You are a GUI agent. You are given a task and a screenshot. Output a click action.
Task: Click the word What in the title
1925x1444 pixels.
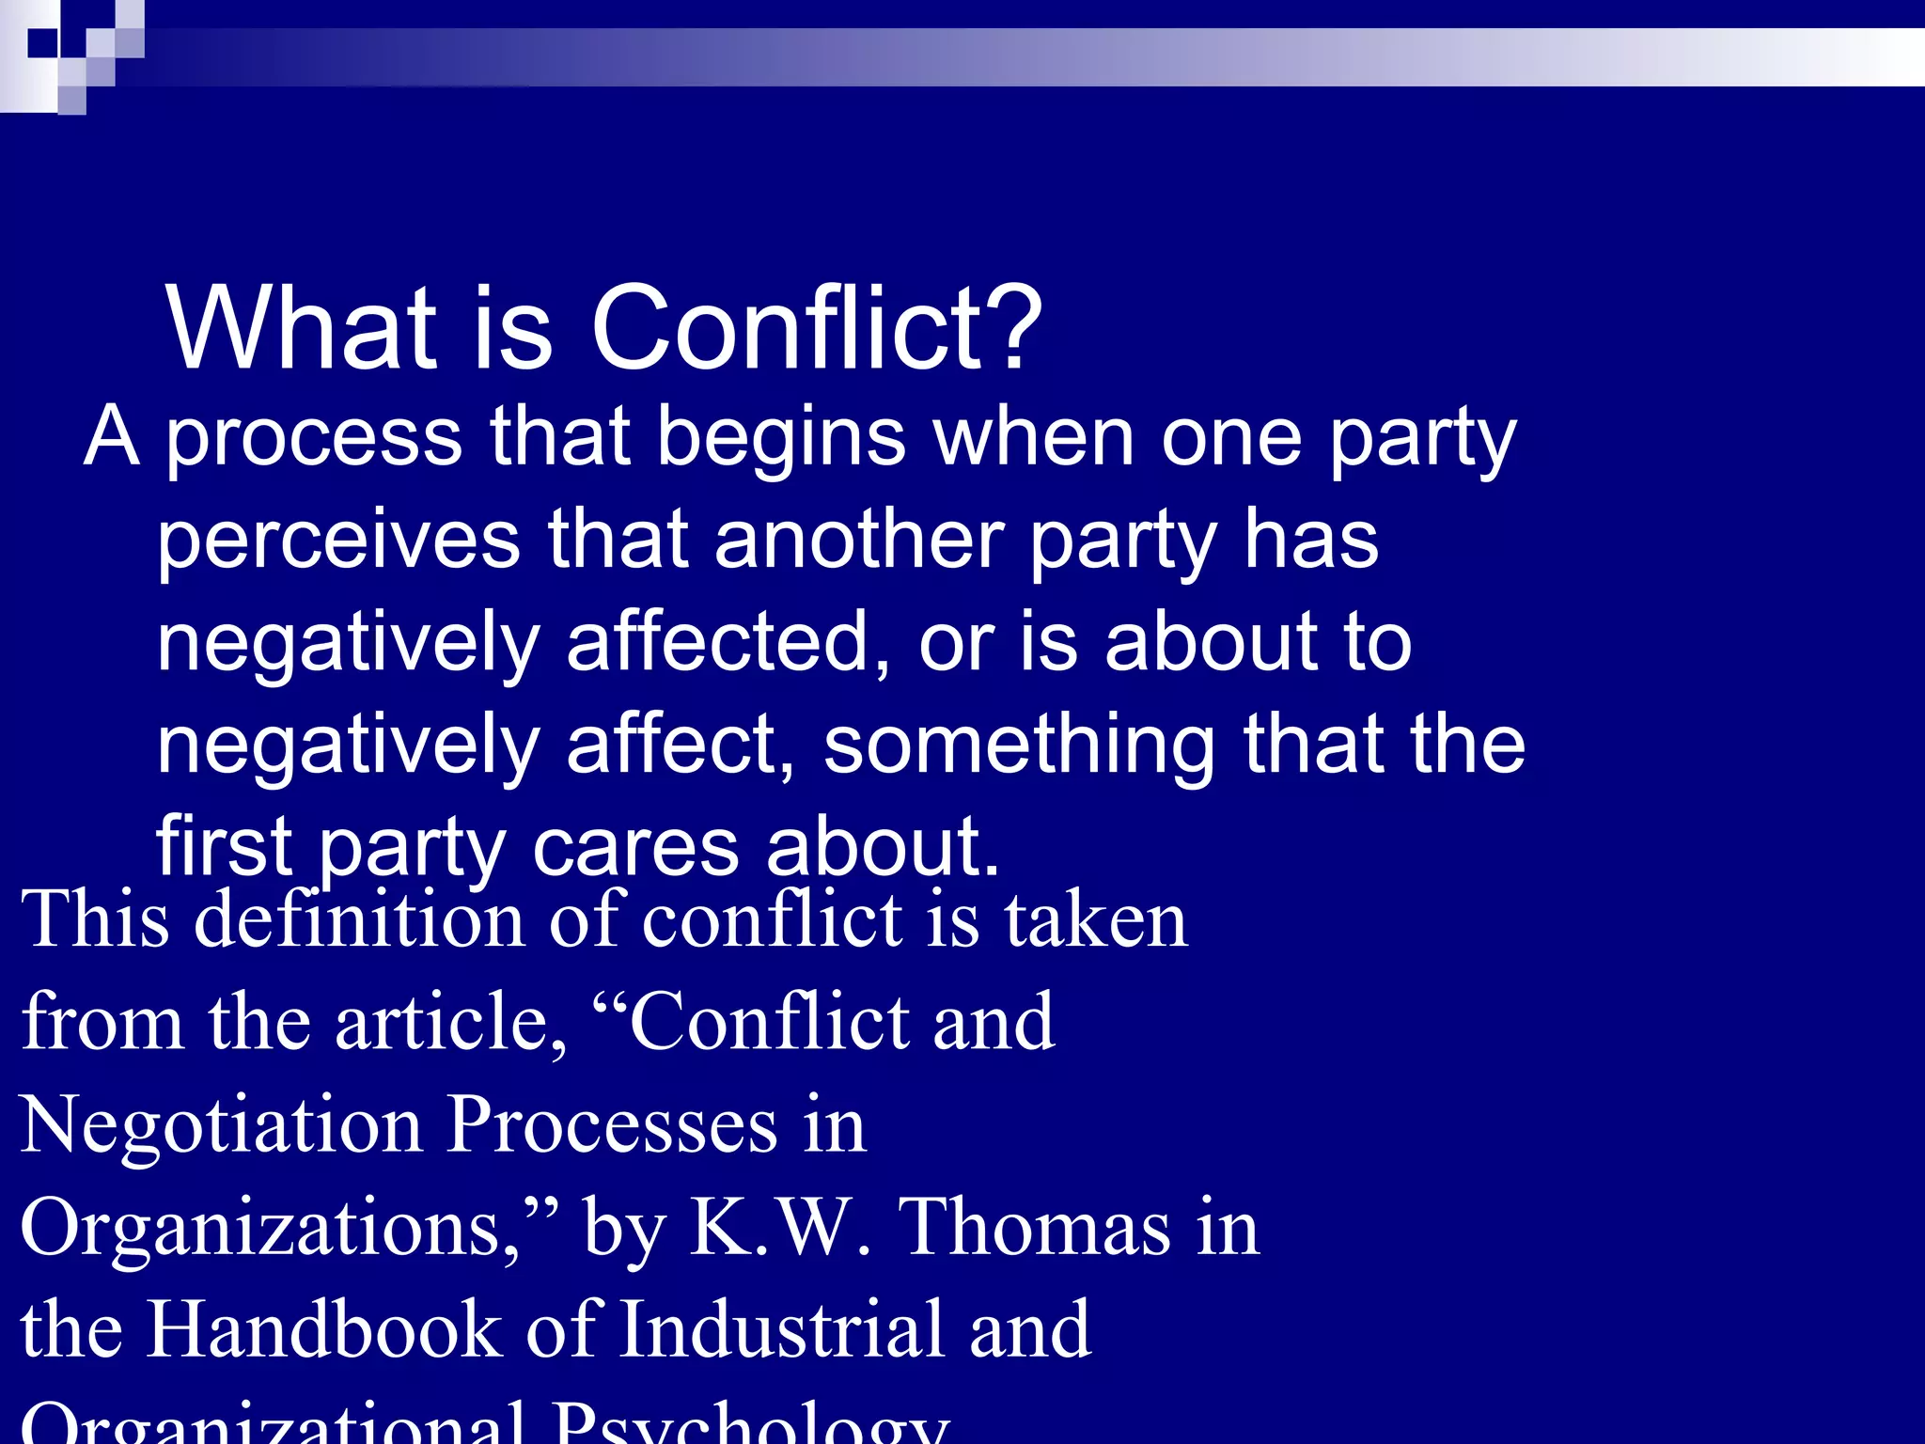click(301, 328)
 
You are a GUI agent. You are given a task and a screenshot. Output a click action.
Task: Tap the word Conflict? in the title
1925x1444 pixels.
click(816, 328)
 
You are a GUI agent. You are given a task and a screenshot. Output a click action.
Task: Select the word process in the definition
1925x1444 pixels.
click(314, 438)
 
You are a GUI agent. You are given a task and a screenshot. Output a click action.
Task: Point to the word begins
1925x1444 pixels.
click(781, 438)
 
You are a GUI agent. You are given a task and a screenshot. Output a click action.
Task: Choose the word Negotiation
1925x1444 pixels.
click(222, 1125)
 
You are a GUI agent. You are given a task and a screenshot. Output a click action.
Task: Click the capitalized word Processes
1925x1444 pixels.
click(612, 1125)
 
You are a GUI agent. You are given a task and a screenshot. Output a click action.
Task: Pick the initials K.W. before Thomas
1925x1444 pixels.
click(779, 1228)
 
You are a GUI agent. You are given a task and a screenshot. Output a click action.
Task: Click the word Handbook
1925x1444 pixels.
click(324, 1329)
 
